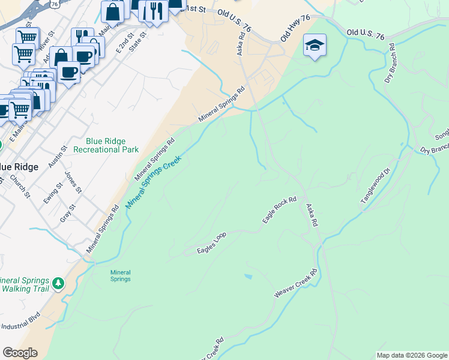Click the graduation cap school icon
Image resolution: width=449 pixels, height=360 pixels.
315,46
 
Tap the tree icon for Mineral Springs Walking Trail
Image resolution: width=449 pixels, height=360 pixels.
58,282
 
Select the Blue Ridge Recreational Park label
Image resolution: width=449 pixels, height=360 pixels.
112,145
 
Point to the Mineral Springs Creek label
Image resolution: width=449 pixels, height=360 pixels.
154,179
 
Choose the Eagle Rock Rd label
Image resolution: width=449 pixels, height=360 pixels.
280,211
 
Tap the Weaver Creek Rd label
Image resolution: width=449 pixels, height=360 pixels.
295,284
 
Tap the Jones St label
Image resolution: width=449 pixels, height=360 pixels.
73,182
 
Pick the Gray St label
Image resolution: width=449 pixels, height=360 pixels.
68,214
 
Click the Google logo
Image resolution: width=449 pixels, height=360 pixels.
20,353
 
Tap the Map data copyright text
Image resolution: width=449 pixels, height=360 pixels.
412,355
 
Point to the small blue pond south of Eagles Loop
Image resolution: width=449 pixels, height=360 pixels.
249,276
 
